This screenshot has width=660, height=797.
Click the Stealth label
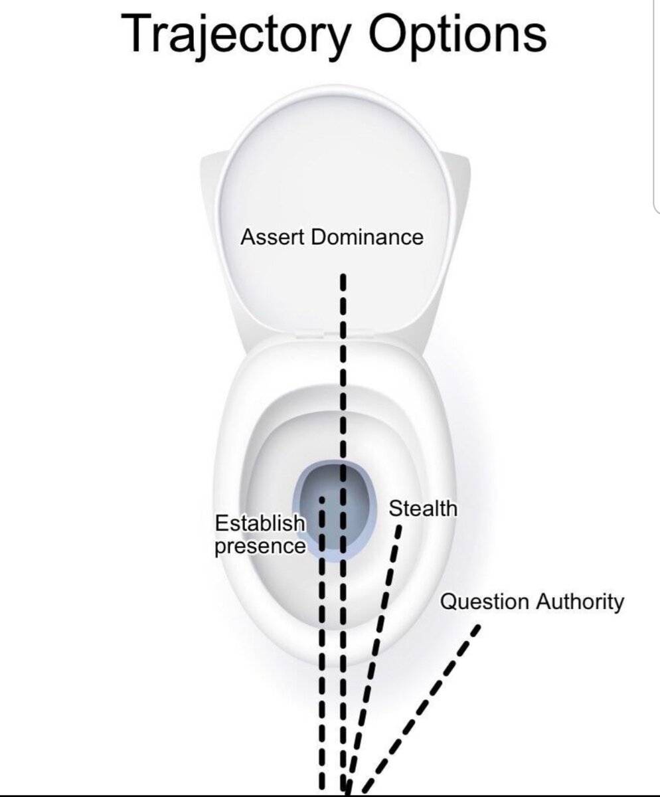click(x=423, y=509)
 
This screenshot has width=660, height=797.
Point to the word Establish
click(x=260, y=524)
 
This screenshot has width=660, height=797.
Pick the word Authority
click(x=580, y=602)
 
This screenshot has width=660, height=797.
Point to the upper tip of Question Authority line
click(x=477, y=626)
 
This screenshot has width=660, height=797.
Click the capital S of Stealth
click(x=395, y=509)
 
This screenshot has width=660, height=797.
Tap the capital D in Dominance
click(x=317, y=237)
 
